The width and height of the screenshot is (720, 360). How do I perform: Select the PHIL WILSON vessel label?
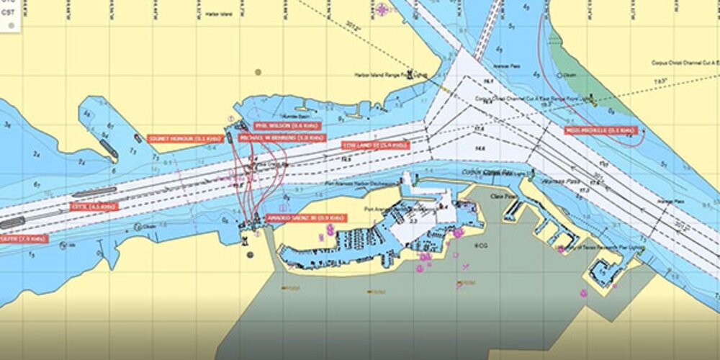278,125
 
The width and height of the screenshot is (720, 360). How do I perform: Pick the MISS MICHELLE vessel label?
600,130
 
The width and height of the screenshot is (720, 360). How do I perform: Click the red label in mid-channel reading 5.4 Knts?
374,145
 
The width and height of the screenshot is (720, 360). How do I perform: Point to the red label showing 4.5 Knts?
94,207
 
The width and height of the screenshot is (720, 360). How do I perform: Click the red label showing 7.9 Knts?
23,238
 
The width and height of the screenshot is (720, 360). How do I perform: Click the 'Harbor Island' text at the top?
219,14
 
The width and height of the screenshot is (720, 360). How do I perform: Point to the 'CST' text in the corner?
9,12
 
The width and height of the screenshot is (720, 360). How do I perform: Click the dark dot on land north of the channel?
258,72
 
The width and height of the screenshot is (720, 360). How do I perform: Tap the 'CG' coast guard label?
482,246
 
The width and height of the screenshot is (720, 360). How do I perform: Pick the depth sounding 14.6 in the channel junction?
480,148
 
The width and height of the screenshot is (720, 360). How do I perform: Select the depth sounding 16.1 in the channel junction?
487,82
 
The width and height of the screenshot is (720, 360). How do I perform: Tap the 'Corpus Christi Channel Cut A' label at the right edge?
685,63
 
